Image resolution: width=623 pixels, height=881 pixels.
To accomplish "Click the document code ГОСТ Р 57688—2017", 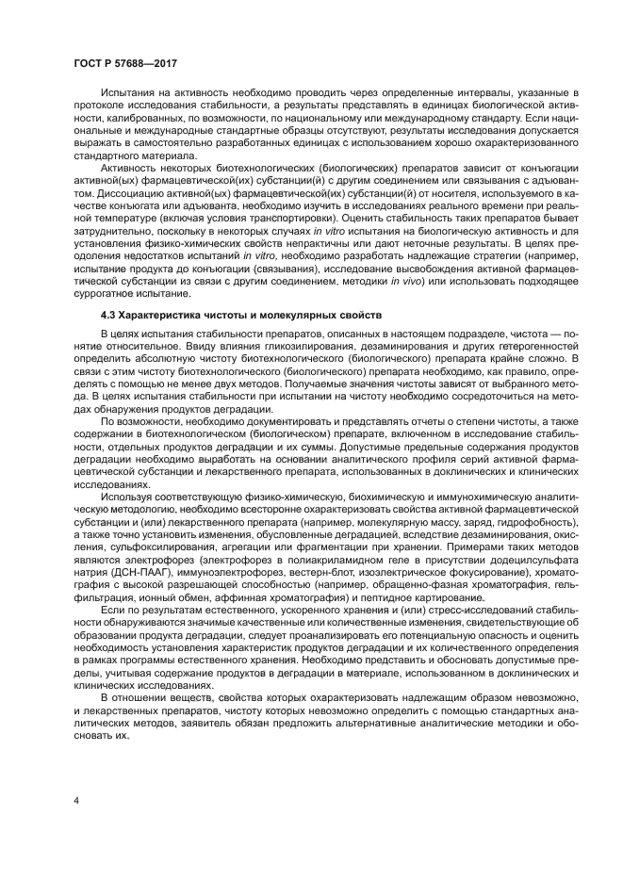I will (125, 63).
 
